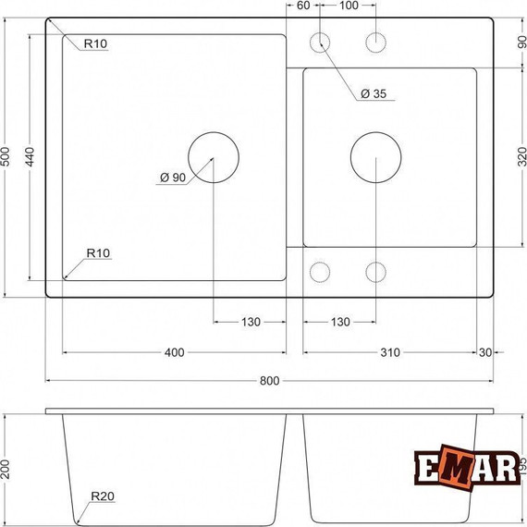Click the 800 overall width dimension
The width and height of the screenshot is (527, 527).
coord(268,381)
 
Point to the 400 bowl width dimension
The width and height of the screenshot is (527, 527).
coord(174,352)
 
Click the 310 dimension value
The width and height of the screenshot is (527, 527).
coord(389,352)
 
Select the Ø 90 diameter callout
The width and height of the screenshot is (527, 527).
coord(172,178)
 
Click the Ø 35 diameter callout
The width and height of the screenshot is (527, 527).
coord(374,94)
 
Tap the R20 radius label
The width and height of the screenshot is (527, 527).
coord(103,496)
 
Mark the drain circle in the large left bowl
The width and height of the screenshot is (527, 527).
coord(213,158)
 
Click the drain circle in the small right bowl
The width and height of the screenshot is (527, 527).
coord(375,158)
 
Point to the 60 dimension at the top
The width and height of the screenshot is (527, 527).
coord(303,6)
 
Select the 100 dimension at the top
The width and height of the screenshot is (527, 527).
coord(349,6)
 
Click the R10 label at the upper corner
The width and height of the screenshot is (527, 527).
coord(97,43)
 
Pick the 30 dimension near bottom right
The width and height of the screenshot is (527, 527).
coord(486,352)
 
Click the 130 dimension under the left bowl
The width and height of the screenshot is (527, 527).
coord(250,322)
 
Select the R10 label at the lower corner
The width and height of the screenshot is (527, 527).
coord(99,252)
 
